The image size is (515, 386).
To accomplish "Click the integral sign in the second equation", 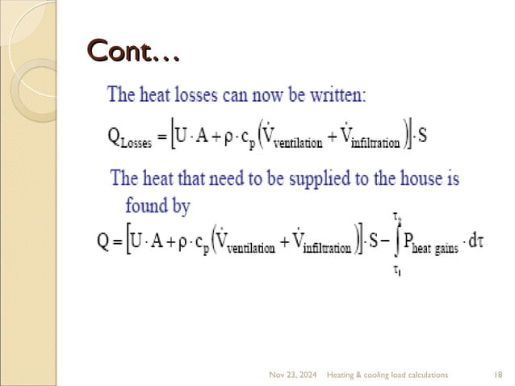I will coord(396,241).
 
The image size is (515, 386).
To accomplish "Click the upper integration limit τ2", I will coord(397,216).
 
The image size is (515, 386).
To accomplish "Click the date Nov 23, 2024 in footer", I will coord(292,376).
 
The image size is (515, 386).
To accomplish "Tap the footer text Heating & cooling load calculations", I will coord(387,376).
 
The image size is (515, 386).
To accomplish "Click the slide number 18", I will coord(498,376).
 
